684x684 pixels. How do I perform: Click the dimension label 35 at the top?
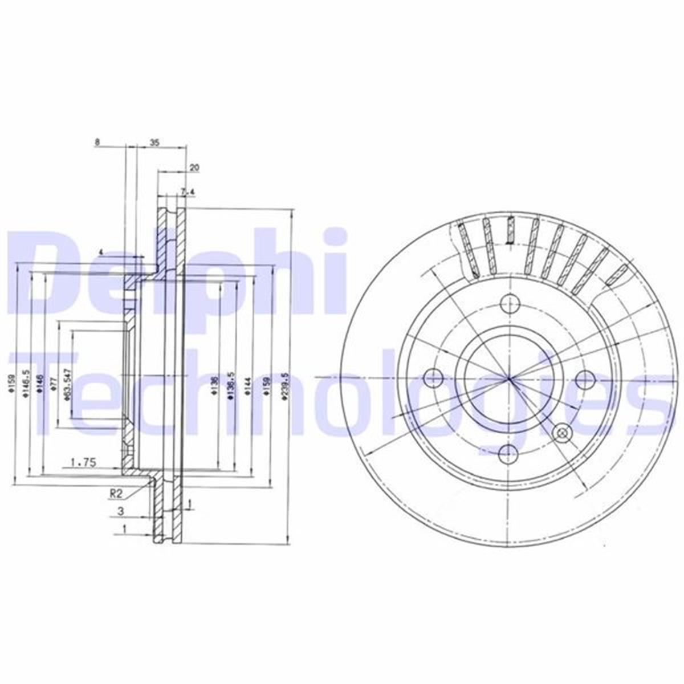154,143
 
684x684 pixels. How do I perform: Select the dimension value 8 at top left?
97,143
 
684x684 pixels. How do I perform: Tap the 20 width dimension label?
194,168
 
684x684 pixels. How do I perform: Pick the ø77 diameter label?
52,382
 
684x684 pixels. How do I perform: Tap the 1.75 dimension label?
83,463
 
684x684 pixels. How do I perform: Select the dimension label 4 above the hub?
100,252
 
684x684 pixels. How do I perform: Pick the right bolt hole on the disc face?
584,377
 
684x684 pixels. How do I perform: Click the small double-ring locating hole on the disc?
562,433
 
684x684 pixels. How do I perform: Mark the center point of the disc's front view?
509,377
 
